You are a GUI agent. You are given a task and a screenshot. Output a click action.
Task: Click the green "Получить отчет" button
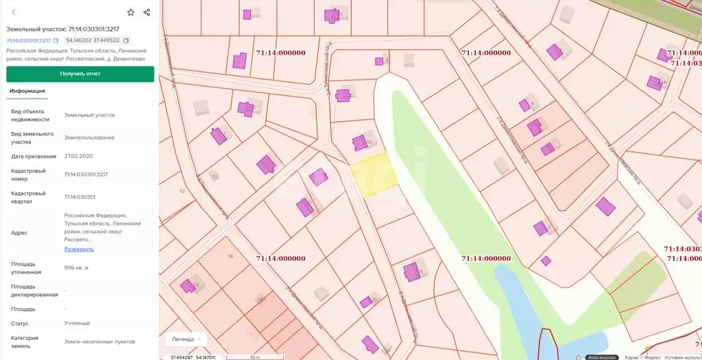(80, 73)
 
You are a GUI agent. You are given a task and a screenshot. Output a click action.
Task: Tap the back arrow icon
(14, 12)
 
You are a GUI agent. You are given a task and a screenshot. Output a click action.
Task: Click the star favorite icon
(130, 12)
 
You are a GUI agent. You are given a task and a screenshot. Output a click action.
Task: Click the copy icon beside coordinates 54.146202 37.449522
(126, 40)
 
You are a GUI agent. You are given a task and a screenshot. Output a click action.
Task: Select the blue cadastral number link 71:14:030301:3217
(28, 40)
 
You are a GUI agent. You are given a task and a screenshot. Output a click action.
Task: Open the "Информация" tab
(27, 91)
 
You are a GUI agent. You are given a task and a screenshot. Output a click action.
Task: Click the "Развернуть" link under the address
(79, 249)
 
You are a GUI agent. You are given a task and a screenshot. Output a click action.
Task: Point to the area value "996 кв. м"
(77, 267)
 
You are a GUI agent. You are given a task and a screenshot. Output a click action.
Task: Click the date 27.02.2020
(80, 156)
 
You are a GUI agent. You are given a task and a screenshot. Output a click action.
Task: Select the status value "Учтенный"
(77, 323)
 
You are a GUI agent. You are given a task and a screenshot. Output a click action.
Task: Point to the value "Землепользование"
(89, 137)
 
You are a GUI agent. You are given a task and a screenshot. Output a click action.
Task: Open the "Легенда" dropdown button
(186, 339)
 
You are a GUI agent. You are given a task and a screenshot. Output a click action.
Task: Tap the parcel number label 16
(230, 256)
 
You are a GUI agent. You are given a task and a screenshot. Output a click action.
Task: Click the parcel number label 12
(182, 191)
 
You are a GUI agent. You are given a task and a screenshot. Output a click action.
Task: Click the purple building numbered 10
(359, 143)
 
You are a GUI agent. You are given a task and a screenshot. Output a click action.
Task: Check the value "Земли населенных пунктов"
(99, 341)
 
